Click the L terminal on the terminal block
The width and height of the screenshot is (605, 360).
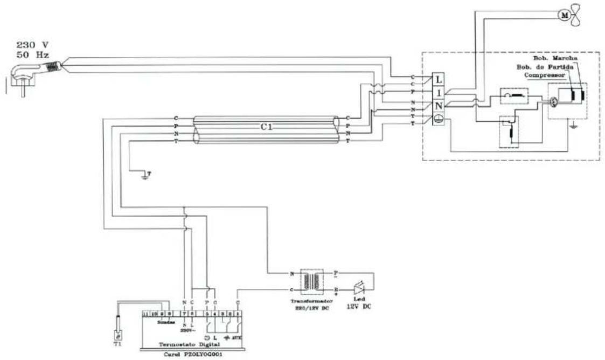tap(440, 79)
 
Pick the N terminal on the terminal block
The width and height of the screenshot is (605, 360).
tap(440, 106)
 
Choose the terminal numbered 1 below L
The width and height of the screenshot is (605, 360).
tap(440, 93)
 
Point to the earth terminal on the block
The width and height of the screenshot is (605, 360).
tap(440, 120)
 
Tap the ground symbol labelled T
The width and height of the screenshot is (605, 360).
tap(144, 175)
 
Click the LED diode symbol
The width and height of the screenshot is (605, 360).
tap(358, 285)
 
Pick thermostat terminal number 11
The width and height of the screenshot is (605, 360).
tap(145, 313)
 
